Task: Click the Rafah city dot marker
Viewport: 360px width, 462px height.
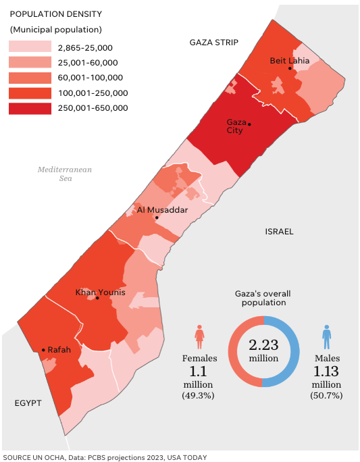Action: [x=43, y=350]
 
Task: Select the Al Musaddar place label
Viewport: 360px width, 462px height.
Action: [x=162, y=210]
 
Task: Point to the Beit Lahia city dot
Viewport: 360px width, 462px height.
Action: [x=290, y=68]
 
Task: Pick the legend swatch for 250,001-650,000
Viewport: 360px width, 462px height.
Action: [x=30, y=108]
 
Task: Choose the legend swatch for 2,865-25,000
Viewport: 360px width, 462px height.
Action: [x=30, y=47]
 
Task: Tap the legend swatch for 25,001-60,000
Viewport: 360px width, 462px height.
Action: [x=30, y=63]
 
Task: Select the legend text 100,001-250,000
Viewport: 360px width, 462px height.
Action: [x=92, y=93]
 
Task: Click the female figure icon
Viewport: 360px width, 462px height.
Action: [x=199, y=336]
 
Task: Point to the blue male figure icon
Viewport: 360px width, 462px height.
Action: [x=327, y=336]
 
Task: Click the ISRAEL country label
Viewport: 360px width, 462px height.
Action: [x=279, y=231]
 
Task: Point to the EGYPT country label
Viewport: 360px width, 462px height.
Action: [x=28, y=403]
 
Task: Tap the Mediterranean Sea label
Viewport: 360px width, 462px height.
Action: [x=65, y=174]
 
